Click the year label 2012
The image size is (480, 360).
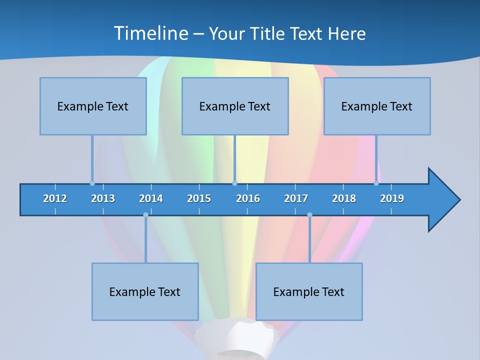(x=55, y=198)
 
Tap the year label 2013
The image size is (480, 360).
(x=103, y=198)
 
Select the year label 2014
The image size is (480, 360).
(x=151, y=198)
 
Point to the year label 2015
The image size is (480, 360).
(x=199, y=198)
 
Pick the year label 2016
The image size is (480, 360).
(x=248, y=198)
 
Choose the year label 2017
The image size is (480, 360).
(x=296, y=198)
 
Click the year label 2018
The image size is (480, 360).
(x=344, y=198)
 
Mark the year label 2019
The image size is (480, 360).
(x=392, y=198)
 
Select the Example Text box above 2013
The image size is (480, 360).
(x=93, y=106)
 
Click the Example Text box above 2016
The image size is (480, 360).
(x=235, y=106)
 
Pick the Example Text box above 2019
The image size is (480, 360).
(x=377, y=106)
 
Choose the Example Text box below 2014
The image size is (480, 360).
(x=145, y=291)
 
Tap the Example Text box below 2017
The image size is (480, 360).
(x=309, y=291)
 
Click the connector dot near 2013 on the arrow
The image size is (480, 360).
(x=92, y=183)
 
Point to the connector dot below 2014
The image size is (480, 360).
(x=145, y=215)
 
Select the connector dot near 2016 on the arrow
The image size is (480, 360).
(x=234, y=183)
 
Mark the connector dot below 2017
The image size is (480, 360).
(x=309, y=215)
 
